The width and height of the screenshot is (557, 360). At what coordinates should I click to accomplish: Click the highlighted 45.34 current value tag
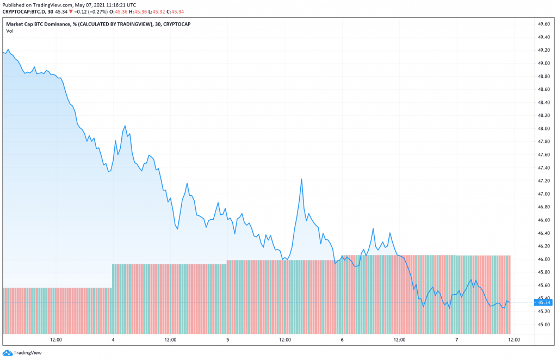544,302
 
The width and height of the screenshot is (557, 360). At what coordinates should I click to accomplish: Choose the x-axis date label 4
113,340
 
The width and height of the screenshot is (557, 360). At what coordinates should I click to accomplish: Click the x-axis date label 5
228,340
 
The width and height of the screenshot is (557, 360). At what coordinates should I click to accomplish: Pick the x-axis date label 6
342,340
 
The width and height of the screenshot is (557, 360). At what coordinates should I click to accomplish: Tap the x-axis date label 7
457,340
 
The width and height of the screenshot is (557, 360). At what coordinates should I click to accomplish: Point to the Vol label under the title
10,31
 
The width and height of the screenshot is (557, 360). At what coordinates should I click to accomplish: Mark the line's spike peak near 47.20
301,179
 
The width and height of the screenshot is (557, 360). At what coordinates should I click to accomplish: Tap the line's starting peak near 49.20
8,50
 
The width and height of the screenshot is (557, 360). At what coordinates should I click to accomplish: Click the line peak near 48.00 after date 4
125,126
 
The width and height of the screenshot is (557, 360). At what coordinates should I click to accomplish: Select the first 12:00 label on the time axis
55,340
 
